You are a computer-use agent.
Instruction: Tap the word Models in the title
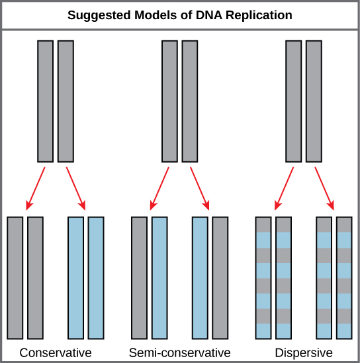pyautogui.click(x=156, y=15)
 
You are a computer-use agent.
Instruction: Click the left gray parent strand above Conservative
pyautogui.click(x=45, y=101)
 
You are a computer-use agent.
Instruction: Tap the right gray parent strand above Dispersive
pyautogui.click(x=313, y=101)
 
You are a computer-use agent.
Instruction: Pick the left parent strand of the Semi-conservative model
pyautogui.click(x=169, y=101)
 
